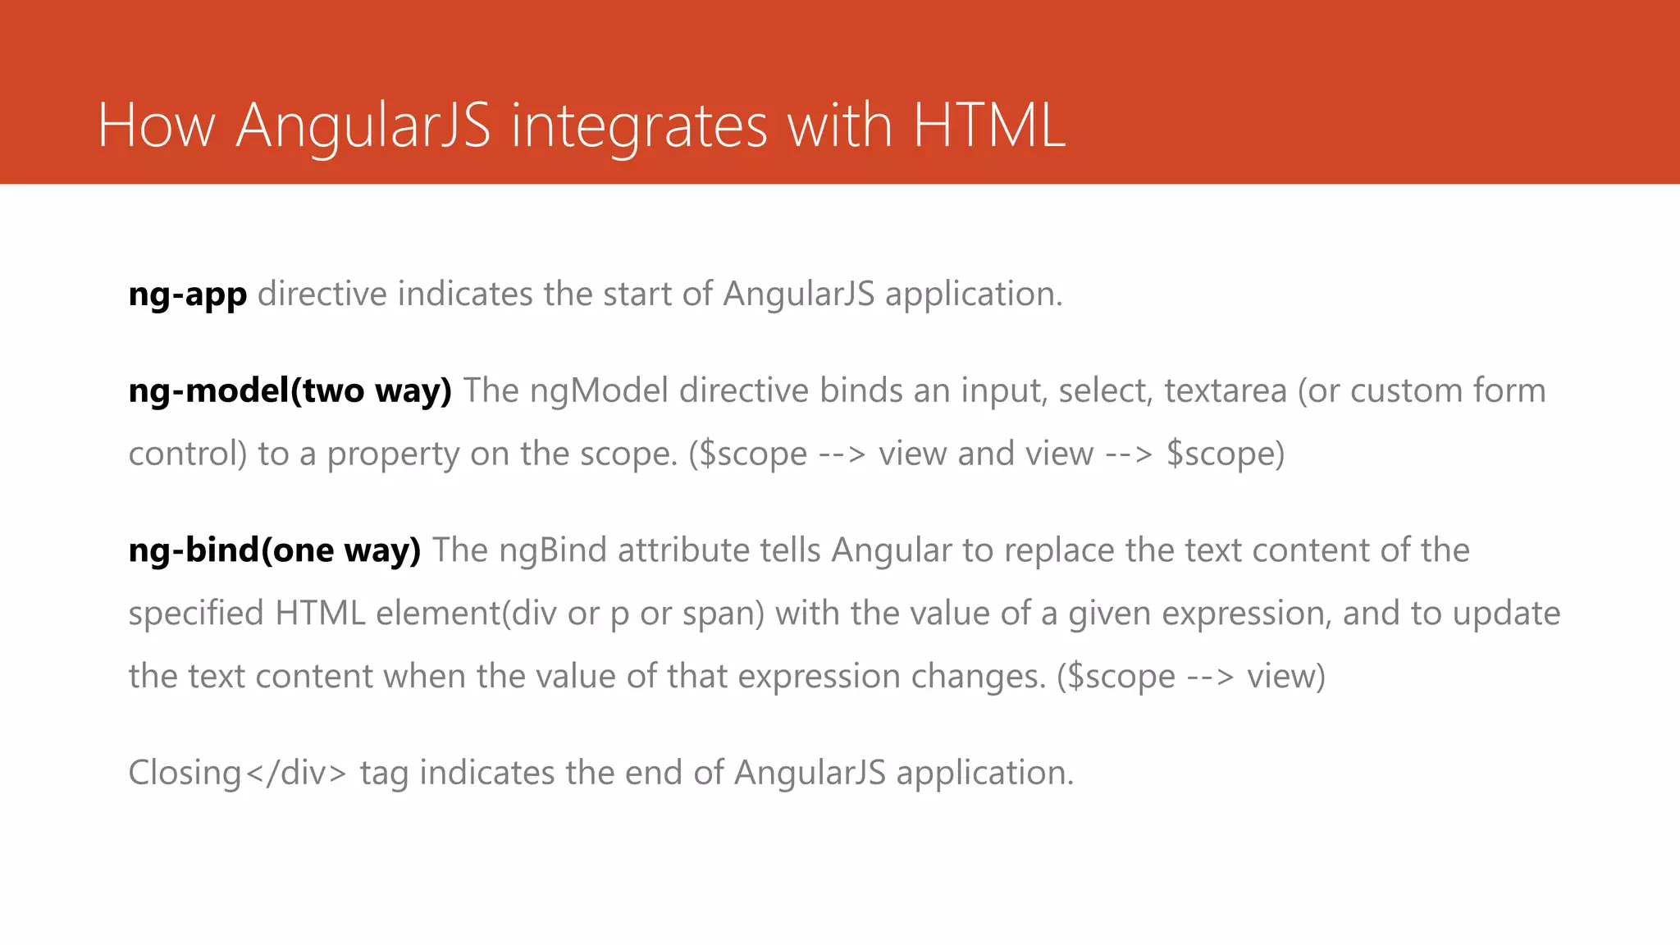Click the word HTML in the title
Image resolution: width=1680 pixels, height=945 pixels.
pos(988,126)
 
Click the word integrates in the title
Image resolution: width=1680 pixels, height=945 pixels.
pos(639,126)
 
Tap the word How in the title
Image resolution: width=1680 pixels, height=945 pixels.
pos(156,126)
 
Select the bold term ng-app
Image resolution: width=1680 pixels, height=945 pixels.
pos(188,294)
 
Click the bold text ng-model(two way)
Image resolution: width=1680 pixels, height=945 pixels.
pos(290,391)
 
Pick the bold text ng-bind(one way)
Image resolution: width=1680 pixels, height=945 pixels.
pos(275,550)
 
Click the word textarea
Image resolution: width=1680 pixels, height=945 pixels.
pos(1226,391)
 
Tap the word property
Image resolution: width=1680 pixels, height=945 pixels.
pos(393,454)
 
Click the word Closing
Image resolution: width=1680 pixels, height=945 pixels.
pos(185,773)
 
